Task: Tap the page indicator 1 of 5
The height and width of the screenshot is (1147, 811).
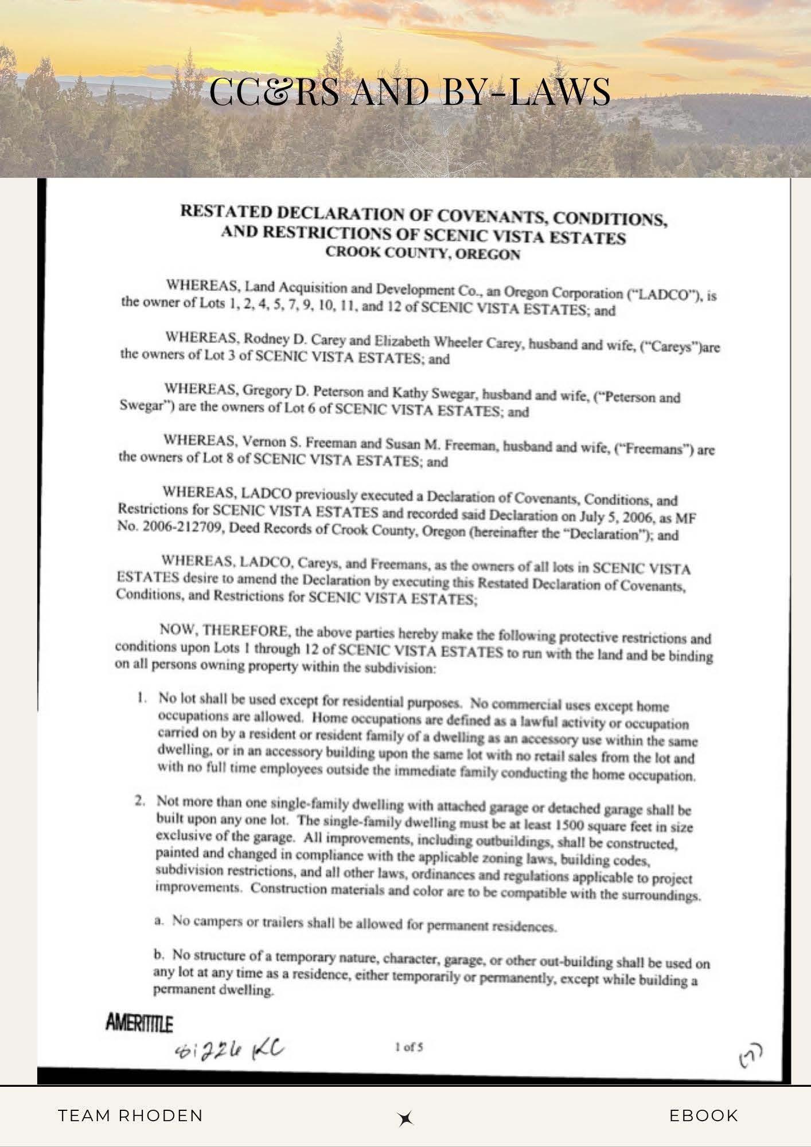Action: (410, 1047)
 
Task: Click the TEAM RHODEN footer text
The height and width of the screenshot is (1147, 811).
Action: (131, 1115)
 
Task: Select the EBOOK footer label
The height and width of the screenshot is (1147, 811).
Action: (703, 1115)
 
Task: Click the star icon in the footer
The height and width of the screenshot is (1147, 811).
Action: (406, 1118)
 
